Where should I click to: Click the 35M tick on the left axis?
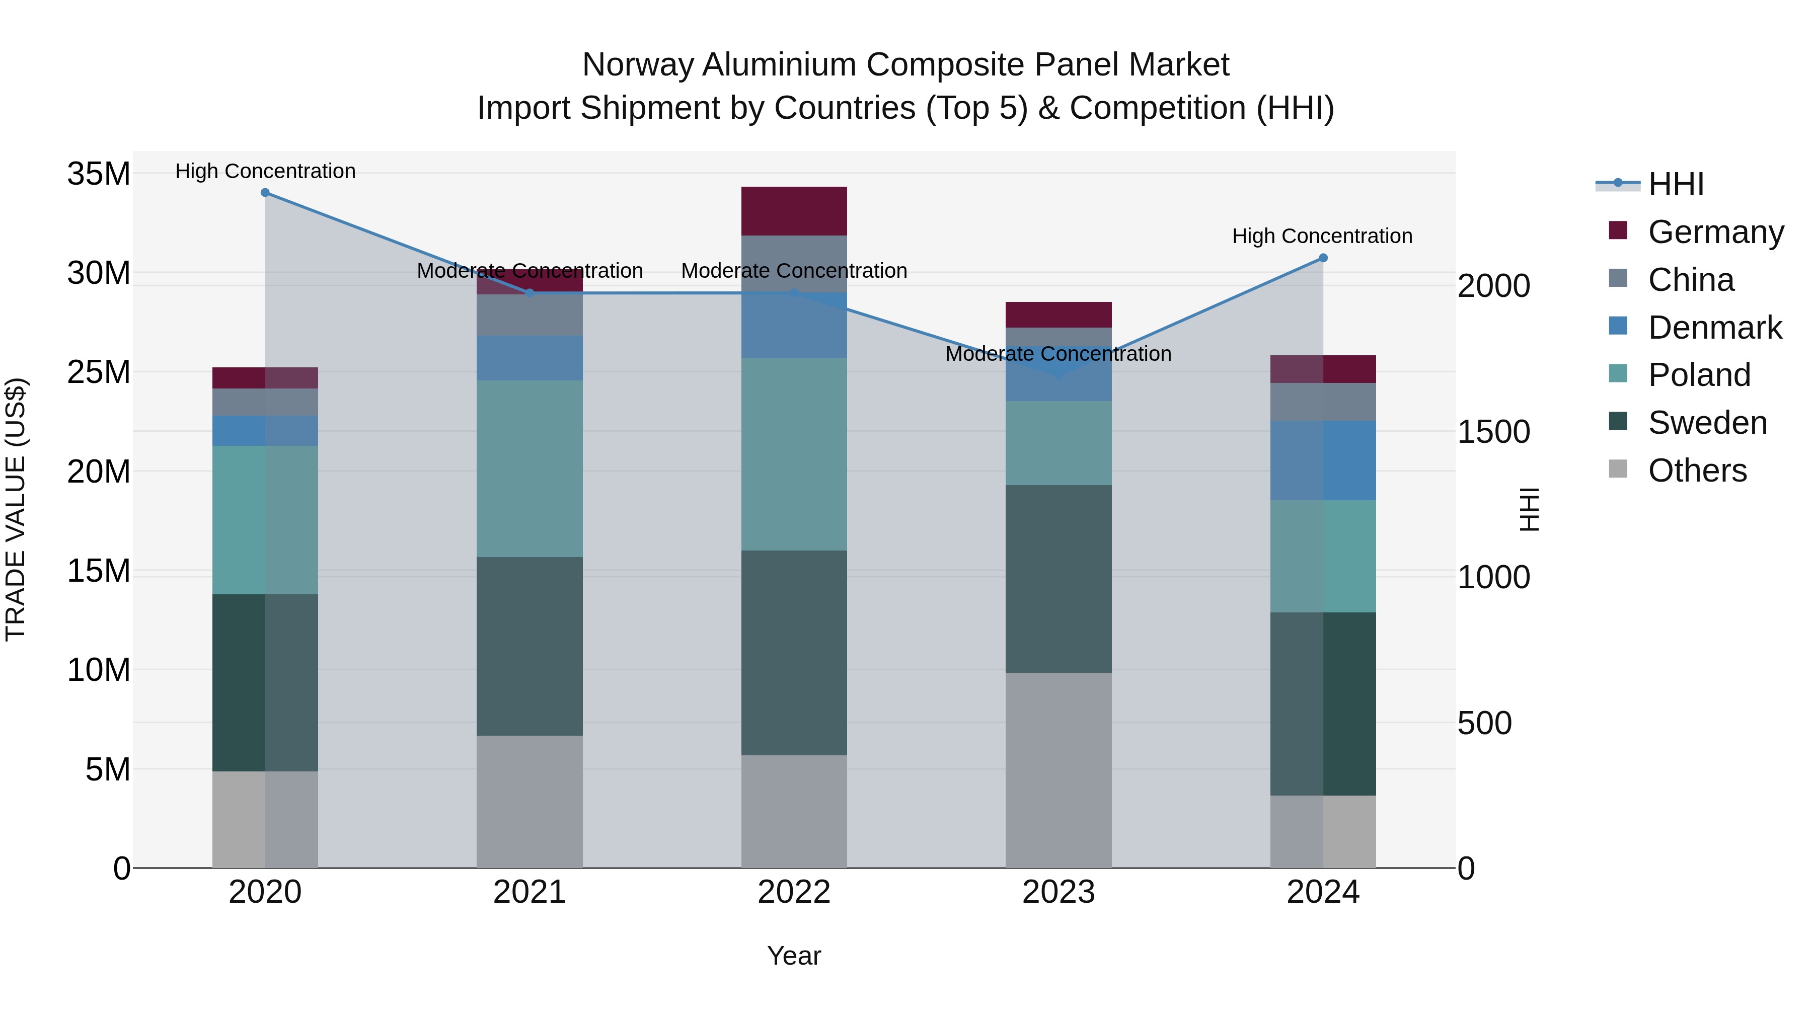99,174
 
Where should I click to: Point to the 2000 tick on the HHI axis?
1493,286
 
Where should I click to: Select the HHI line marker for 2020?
265,193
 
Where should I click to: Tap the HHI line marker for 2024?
1322,258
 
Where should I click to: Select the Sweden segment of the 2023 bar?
1058,579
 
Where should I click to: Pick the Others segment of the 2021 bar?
529,802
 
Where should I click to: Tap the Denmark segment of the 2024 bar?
1322,460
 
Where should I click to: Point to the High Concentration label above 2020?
265,172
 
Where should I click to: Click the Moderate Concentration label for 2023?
1058,354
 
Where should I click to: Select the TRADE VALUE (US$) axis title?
16,509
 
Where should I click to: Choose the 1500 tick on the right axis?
1493,432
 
